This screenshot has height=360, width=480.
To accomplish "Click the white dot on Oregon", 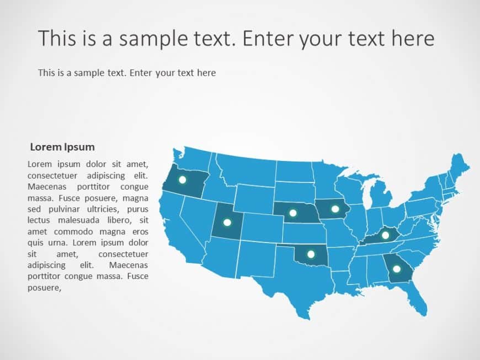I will coord(183,180).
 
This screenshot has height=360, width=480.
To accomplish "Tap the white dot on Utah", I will coord(227,223).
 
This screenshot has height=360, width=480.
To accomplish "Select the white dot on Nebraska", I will coord(293,213).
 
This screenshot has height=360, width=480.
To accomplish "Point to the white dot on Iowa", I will coord(335,208).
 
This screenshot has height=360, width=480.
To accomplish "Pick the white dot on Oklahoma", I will coord(311,254).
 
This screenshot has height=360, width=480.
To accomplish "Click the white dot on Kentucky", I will coord(385,235).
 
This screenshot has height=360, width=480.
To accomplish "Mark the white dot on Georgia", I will coord(396,269).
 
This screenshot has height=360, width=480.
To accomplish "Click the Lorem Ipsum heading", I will coord(62,147).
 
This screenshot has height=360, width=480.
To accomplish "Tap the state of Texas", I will coord(298,281).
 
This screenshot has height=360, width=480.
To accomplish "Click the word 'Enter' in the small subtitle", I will coord(142,73).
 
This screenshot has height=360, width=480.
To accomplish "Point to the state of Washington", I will coord(193,158).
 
